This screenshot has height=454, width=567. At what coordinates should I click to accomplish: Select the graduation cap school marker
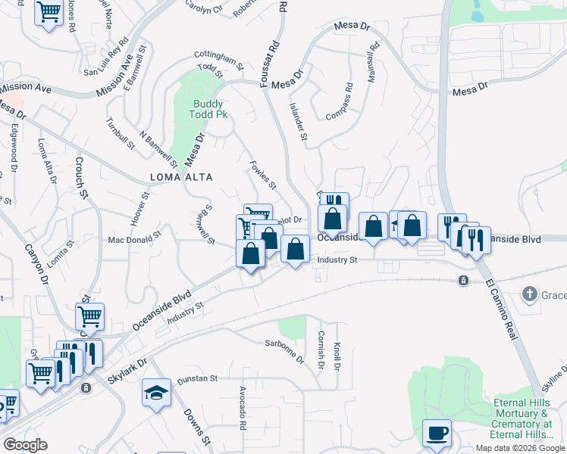pos(156,393)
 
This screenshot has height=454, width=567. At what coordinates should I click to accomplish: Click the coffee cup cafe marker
pos(437,434)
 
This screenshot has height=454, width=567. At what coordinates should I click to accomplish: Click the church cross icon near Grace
pos(530,293)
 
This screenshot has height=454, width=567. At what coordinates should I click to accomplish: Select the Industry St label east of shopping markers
pos(337,260)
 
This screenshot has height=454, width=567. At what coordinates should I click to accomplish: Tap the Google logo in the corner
pos(25,445)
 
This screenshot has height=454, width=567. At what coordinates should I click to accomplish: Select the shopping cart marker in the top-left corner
pos(49,13)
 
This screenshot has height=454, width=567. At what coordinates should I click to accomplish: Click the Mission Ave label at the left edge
pos(26,89)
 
